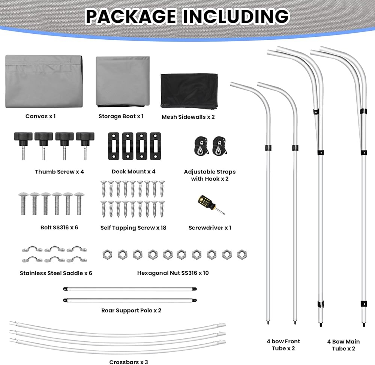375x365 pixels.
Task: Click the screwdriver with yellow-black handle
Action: pyautogui.click(x=210, y=205)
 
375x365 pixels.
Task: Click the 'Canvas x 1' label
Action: pyautogui.click(x=40, y=116)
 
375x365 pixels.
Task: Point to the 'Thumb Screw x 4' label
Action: pyautogui.click(x=59, y=172)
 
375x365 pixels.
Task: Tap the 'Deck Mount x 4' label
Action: pyautogui.click(x=133, y=171)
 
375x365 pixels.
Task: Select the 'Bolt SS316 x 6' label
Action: pyautogui.click(x=59, y=227)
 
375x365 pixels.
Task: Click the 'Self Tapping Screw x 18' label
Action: pyautogui.click(x=133, y=227)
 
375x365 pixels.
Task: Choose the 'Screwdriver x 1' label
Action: pyautogui.click(x=210, y=227)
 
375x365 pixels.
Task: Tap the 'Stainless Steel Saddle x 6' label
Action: pyautogui.click(x=56, y=273)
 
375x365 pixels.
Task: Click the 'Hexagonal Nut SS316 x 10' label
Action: pyautogui.click(x=173, y=273)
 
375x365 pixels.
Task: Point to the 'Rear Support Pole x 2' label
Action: pyautogui.click(x=131, y=310)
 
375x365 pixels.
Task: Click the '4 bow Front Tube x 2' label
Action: pyautogui.click(x=283, y=345)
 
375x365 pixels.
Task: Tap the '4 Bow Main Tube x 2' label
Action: pyautogui.click(x=344, y=345)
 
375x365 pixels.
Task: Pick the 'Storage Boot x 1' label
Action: pyautogui.click(x=121, y=116)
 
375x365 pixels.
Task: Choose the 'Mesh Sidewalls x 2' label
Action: pyautogui.click(x=188, y=117)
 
